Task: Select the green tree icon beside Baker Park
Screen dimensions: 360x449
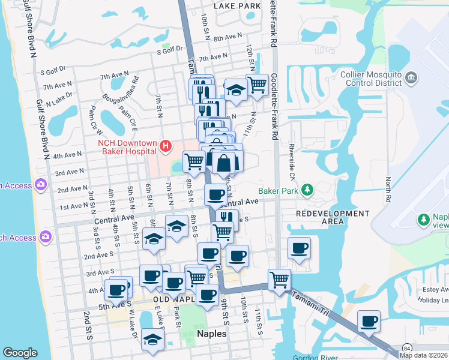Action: pyautogui.click(x=308, y=190)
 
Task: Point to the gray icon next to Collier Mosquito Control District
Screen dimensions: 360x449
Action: pyautogui.click(x=411, y=77)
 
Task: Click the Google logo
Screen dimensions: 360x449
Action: pyautogui.click(x=20, y=352)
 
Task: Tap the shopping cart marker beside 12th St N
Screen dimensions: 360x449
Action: pyautogui.click(x=258, y=85)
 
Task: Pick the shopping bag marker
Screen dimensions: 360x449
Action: pyautogui.click(x=223, y=163)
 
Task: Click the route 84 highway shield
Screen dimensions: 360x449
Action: pyautogui.click(x=391, y=349)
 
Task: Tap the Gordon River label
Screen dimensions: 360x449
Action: pyautogui.click(x=312, y=358)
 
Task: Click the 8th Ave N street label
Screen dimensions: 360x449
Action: pyautogui.click(x=226, y=38)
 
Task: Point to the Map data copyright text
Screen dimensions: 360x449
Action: pyautogui.click(x=424, y=355)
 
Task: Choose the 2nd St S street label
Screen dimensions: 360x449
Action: pyautogui.click(x=88, y=319)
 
